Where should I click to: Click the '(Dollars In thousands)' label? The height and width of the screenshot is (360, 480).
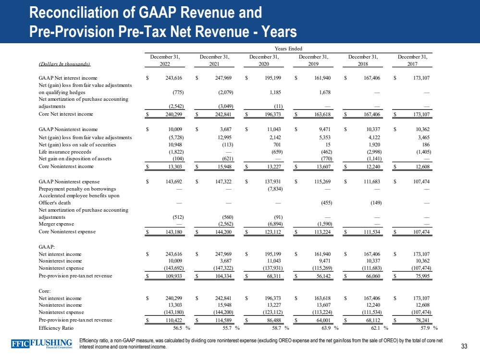pyautogui.click(x=64, y=63)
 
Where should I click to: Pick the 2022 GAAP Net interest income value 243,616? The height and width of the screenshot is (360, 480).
pyautogui.click(x=168, y=77)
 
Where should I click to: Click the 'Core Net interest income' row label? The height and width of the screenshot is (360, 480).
pyautogui.click(x=66, y=114)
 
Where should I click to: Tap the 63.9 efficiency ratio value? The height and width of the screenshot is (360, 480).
pyautogui.click(x=321, y=328)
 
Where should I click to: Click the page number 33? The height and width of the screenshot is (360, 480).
pyautogui.click(x=464, y=347)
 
